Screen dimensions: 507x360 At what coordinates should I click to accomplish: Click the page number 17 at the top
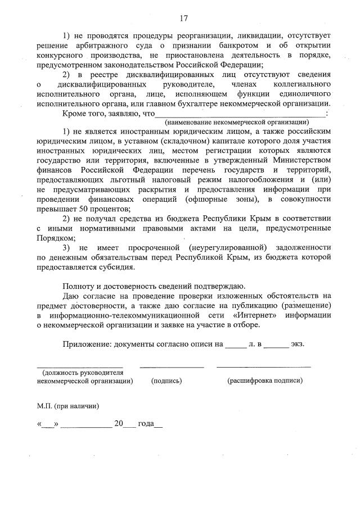(183, 19)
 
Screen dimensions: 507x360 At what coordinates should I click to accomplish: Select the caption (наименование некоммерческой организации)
(236, 122)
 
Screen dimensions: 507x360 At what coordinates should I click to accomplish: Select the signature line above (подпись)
(172, 366)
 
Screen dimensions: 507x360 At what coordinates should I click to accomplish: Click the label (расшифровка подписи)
(264, 381)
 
